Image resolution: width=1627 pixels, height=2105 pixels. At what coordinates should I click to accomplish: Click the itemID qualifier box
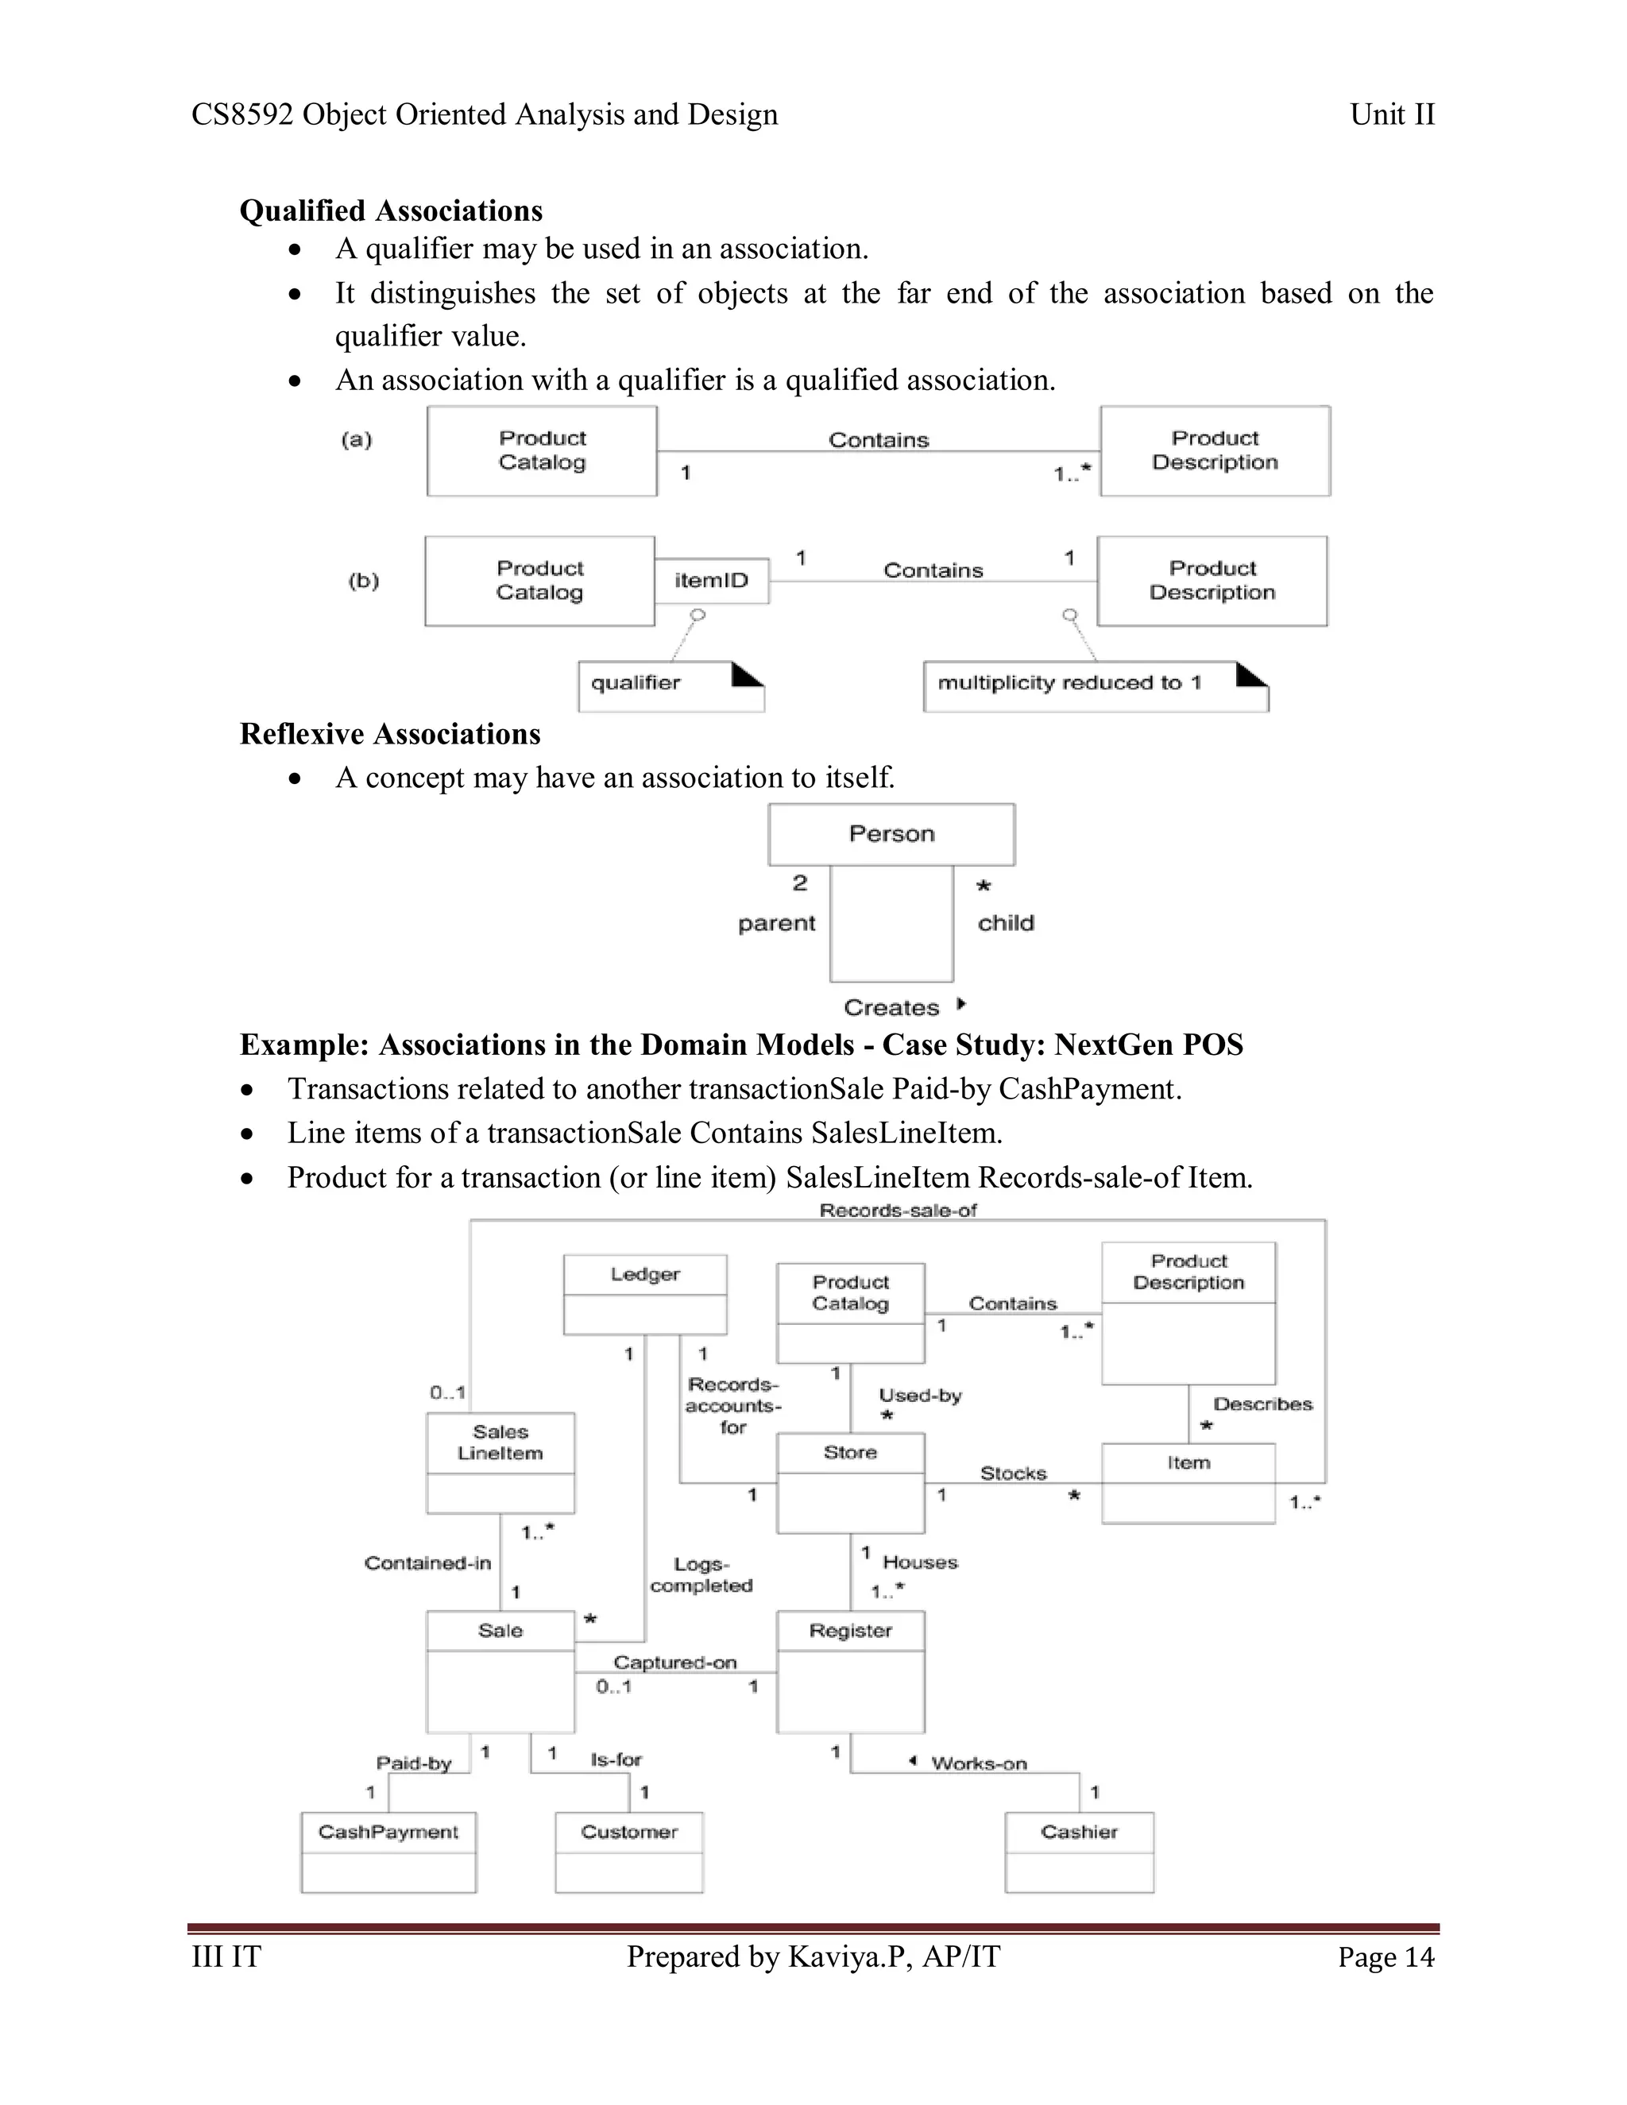click(x=711, y=580)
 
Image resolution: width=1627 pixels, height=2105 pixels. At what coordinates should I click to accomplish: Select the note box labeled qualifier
click(x=671, y=686)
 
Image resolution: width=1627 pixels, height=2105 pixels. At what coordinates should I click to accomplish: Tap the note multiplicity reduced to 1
click(x=1095, y=686)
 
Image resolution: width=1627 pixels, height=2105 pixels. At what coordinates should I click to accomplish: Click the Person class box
click(x=891, y=834)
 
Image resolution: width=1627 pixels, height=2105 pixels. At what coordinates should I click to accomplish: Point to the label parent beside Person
click(x=776, y=922)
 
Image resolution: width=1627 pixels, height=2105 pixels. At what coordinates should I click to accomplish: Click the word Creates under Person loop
click(x=891, y=1007)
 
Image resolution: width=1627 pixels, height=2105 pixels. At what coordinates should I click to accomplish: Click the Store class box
click(x=850, y=1481)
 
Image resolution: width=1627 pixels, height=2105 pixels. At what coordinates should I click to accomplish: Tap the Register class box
click(x=850, y=1670)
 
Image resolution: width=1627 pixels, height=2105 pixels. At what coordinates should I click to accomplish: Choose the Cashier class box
click(x=1079, y=1851)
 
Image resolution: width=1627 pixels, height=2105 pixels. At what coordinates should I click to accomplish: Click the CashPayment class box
click(x=388, y=1851)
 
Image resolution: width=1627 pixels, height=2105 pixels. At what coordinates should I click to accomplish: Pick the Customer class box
click(x=628, y=1851)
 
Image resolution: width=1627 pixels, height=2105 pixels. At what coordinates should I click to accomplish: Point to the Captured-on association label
click(x=674, y=1662)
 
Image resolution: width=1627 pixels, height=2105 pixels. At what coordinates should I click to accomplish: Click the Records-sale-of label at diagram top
click(x=898, y=1211)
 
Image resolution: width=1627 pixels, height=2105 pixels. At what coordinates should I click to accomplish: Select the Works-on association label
click(x=978, y=1763)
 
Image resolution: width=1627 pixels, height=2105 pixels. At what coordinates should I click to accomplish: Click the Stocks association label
click(x=1013, y=1473)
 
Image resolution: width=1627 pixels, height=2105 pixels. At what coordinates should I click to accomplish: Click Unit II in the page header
click(x=1392, y=114)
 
